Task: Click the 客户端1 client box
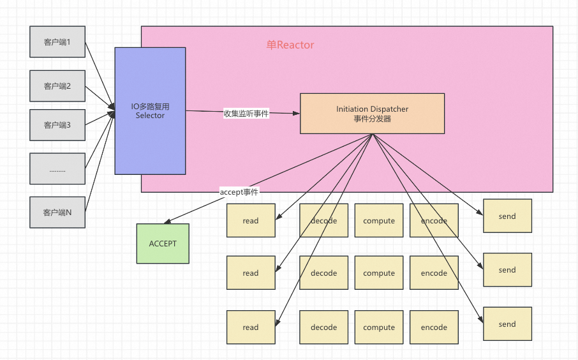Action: click(57, 41)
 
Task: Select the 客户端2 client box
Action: click(57, 86)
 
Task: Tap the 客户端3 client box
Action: click(57, 125)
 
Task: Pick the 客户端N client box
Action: click(57, 212)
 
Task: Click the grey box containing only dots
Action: click(57, 169)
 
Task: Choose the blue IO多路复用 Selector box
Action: click(150, 110)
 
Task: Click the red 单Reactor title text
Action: click(290, 45)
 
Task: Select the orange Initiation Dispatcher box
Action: click(373, 114)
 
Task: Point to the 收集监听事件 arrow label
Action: click(246, 114)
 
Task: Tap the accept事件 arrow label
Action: click(239, 191)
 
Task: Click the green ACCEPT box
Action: click(163, 243)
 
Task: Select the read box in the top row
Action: click(251, 221)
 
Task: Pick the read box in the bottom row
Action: click(251, 327)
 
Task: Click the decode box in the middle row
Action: click(324, 273)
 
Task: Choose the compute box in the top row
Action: click(379, 221)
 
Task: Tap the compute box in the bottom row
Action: click(379, 327)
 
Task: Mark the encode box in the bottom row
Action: click(434, 327)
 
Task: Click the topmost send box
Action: click(508, 216)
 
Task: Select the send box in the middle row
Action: click(508, 270)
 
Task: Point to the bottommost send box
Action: click(508, 324)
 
